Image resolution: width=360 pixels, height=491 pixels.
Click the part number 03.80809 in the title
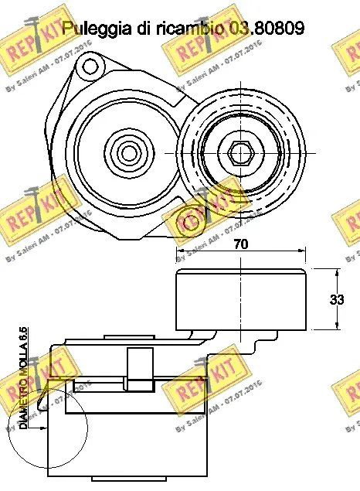point(266,29)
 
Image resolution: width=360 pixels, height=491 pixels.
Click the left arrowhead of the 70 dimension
point(180,251)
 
